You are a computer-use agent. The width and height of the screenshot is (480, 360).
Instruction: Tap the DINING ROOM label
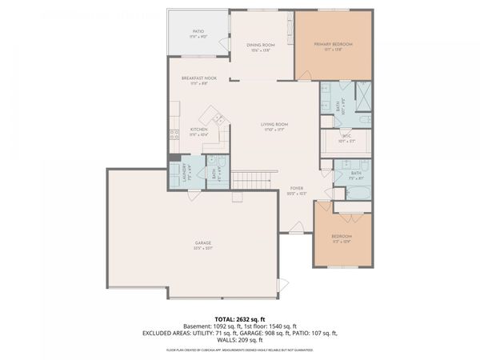click(260, 46)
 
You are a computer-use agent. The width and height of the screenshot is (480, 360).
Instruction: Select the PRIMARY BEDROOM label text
click(334, 44)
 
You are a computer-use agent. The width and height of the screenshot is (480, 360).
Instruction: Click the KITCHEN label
click(198, 129)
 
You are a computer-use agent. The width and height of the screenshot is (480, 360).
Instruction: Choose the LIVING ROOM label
click(274, 125)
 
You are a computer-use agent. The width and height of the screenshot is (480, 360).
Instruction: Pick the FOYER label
click(297, 189)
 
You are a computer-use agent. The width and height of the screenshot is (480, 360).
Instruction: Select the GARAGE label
click(203, 243)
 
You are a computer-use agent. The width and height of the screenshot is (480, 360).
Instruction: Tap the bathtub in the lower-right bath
click(356, 192)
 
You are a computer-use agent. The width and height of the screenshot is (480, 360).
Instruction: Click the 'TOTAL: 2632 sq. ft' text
click(240, 318)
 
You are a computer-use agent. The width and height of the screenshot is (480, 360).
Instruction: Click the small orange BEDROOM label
click(342, 236)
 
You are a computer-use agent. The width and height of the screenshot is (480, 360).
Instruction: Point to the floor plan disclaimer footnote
click(240, 350)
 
